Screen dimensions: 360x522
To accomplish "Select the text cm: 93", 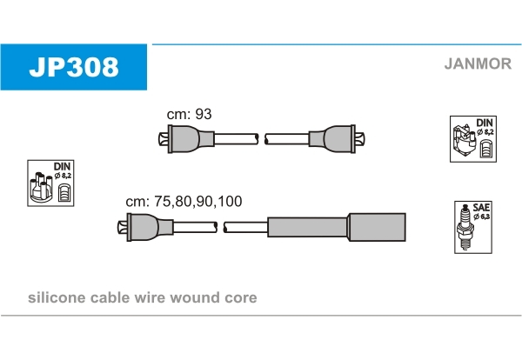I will (x=190, y=114).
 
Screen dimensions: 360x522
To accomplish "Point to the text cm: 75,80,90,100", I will (x=184, y=202).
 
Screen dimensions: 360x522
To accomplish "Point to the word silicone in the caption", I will (x=57, y=298).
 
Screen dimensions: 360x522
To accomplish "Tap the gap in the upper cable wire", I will (x=262, y=138).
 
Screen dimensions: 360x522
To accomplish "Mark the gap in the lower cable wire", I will (x=221, y=228).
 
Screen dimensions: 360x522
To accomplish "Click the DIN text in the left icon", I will (x=62, y=165).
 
